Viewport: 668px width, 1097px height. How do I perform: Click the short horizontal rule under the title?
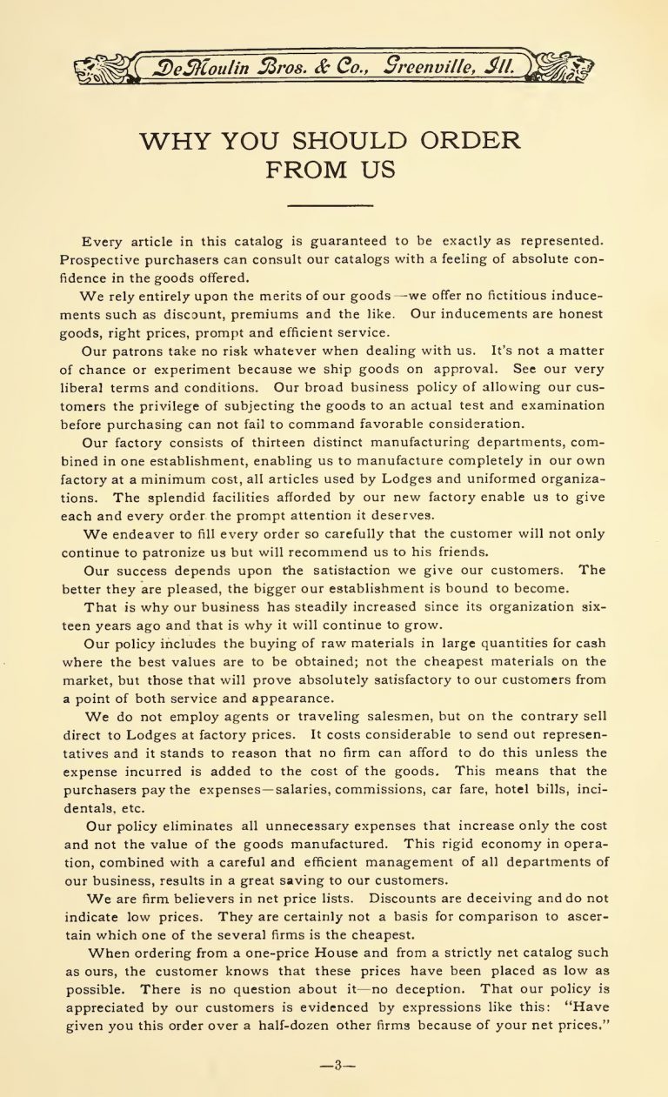pyautogui.click(x=330, y=206)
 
